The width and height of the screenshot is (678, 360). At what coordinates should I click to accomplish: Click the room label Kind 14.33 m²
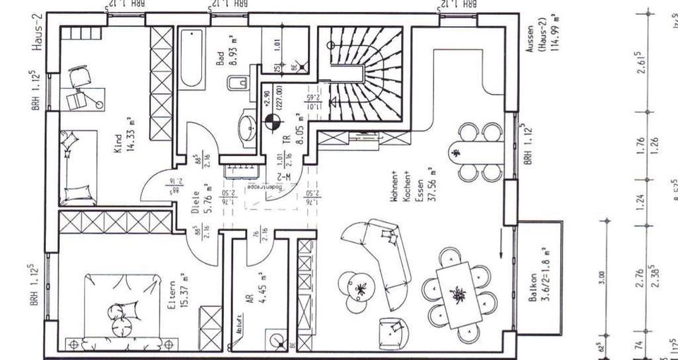coord(124,132)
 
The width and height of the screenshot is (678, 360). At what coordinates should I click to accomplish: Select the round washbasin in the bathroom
coord(248,128)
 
